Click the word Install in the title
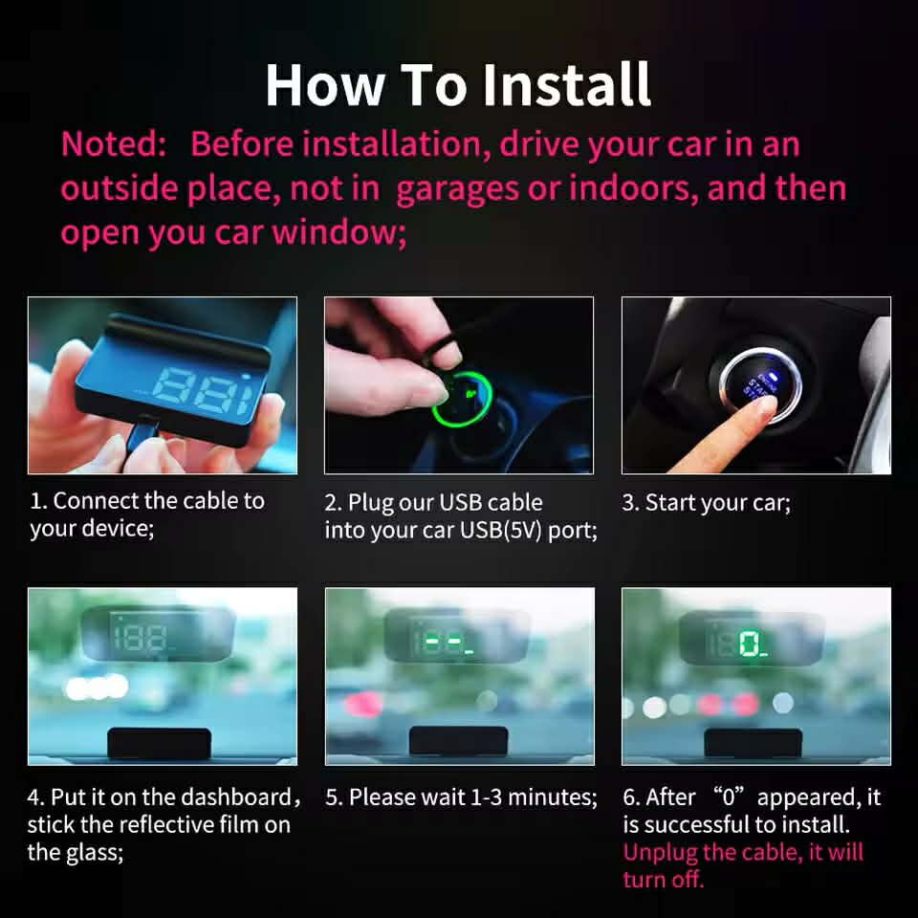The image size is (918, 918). point(567,84)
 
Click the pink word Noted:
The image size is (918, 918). point(114,143)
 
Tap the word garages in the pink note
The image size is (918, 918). point(457,189)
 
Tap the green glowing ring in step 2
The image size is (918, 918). point(463,397)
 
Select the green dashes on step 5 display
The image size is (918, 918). point(442,643)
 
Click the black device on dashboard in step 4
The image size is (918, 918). point(160,743)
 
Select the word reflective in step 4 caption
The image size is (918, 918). point(160,825)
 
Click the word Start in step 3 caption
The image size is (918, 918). point(669,502)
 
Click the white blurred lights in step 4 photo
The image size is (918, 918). point(98,688)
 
